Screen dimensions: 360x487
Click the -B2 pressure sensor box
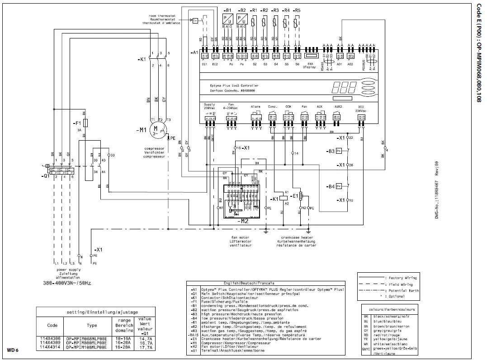(242, 19)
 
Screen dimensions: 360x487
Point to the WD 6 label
(12, 350)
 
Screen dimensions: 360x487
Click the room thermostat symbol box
(195, 21)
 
